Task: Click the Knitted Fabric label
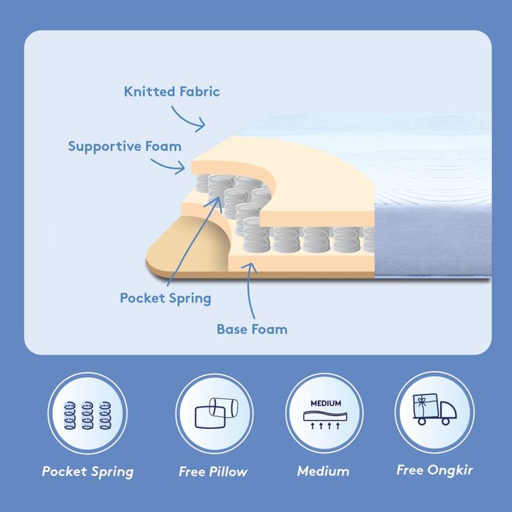(x=172, y=92)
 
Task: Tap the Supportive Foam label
(x=125, y=147)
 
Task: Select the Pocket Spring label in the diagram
(x=166, y=298)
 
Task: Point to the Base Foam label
(x=252, y=329)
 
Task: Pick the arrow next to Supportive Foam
(x=168, y=166)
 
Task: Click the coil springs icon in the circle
(x=87, y=415)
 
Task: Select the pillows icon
(x=217, y=413)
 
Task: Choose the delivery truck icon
(x=434, y=409)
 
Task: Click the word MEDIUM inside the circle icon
(x=326, y=403)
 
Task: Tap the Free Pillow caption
(x=213, y=472)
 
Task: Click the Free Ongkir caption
(x=434, y=470)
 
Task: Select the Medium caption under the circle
(x=323, y=471)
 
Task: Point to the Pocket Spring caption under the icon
(x=88, y=472)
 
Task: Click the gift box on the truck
(x=425, y=406)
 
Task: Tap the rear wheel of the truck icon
(x=422, y=421)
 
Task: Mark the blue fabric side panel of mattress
(x=433, y=240)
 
